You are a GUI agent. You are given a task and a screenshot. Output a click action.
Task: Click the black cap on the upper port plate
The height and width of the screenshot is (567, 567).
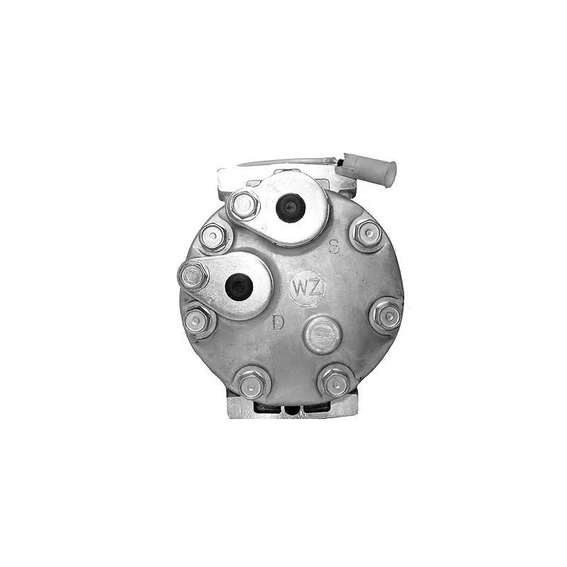click(291, 208)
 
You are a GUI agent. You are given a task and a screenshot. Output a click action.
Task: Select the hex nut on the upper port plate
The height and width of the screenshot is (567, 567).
click(244, 206)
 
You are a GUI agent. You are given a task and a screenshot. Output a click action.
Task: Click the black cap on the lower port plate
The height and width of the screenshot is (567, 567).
click(239, 287)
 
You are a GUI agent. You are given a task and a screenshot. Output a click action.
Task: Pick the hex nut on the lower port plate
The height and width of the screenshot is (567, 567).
click(193, 276)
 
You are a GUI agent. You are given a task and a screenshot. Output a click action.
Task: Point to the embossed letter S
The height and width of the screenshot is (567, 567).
click(334, 247)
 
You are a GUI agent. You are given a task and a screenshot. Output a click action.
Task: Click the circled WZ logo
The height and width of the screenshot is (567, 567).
click(308, 288)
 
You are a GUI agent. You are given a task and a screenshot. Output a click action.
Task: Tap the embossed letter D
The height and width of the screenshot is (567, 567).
click(278, 322)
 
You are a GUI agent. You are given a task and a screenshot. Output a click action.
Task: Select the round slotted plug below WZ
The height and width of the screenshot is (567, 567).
click(322, 335)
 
